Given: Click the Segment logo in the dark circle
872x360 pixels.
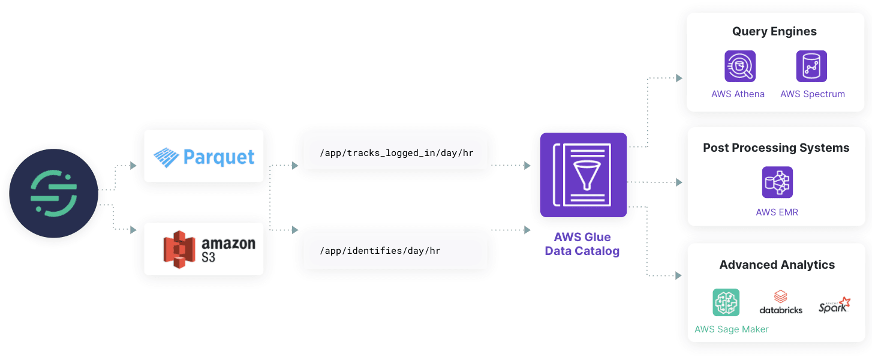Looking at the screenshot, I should coord(53,193).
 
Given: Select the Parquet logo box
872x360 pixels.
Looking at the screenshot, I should coord(204,157).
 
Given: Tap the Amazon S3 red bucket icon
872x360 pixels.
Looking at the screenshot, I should coord(179,250).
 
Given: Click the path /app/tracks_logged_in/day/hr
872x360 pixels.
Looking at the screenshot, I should coord(396,153).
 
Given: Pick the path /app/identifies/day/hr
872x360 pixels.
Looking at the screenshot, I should coord(380,251).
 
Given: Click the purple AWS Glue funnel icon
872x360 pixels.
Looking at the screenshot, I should coord(583,175).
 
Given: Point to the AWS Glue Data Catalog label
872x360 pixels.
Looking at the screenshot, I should coord(582,244).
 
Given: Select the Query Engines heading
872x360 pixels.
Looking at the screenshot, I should coord(774,32).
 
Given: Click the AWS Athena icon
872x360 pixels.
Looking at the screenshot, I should coord(739,66).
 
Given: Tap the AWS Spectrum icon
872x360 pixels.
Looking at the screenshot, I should coord(811,66).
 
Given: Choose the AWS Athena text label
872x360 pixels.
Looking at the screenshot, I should coord(738,94).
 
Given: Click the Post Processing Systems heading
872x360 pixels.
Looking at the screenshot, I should coord(776,148).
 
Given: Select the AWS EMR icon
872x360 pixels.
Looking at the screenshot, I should coord(777,182).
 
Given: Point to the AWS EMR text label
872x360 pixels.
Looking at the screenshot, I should coord(777,212).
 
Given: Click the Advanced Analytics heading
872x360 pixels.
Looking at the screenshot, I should coord(777,265).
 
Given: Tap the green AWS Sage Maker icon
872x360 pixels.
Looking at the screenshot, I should coord(726,302).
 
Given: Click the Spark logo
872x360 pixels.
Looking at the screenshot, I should coord(834,305).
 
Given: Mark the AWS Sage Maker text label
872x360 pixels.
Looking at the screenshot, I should coord(731,329).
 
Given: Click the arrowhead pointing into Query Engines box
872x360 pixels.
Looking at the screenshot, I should coord(679,78).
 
